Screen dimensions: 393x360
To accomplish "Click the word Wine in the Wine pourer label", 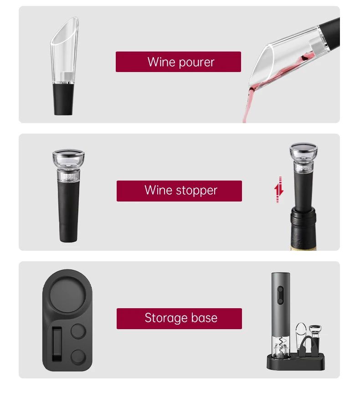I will [x=162, y=62].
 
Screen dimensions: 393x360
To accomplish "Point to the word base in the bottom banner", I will [x=204, y=318].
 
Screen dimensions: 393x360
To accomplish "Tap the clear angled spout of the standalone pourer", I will [x=65, y=50].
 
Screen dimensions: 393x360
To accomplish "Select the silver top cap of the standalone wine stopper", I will [x=68, y=155].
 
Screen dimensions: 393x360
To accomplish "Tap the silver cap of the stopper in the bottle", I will [x=303, y=149].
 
